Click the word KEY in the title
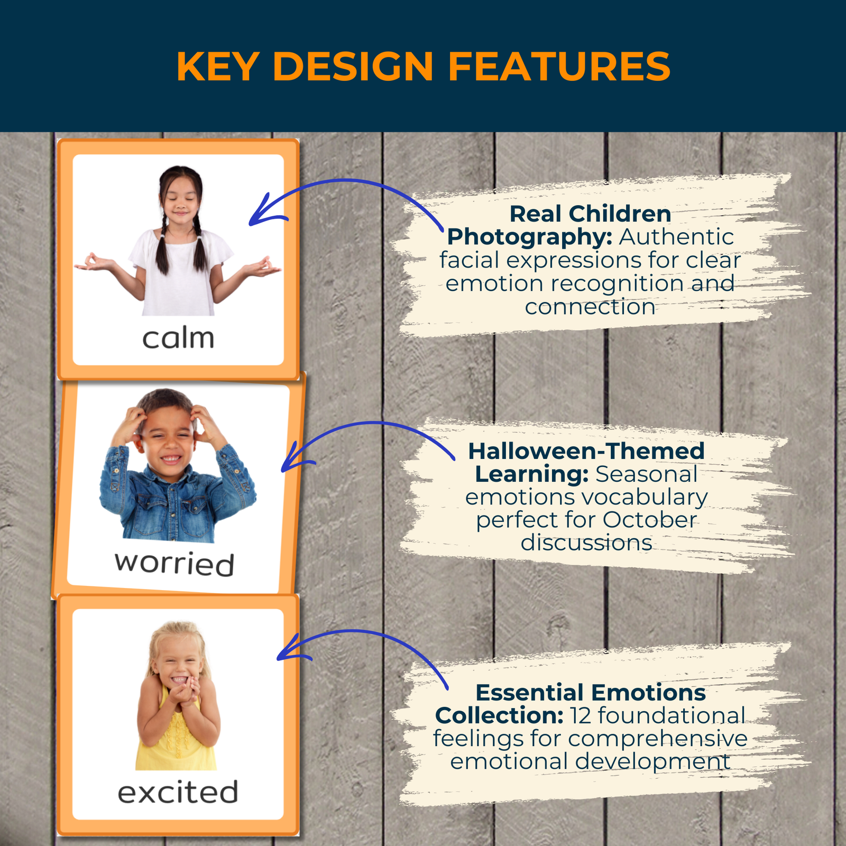click(217, 67)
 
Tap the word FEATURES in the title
click(559, 67)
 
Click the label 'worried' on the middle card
click(174, 563)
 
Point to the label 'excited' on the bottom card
click(178, 792)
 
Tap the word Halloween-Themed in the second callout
click(586, 451)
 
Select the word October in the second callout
click(649, 520)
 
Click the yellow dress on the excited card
click(176, 740)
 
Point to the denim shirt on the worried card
click(177, 497)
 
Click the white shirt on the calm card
click(180, 275)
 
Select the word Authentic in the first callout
click(677, 237)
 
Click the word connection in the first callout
click(590, 307)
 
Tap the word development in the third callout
click(652, 762)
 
